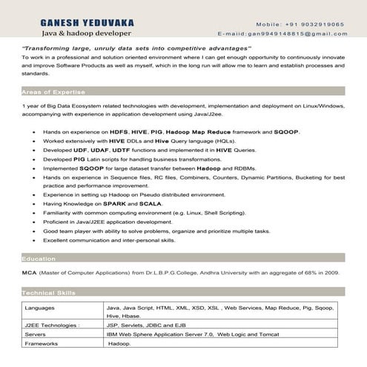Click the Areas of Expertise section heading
coord(52,91)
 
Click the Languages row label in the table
coord(39,306)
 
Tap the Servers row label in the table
coord(35,334)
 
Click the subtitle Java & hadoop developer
coord(87,34)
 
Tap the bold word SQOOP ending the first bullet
coord(286,131)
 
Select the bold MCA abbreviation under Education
coord(29,273)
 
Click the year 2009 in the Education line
coord(331,273)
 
